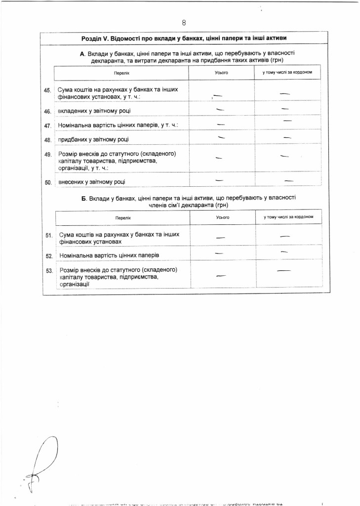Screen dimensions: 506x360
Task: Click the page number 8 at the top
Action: [184, 23]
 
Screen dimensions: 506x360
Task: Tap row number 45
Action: [48, 90]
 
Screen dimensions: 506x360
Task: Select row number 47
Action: [48, 126]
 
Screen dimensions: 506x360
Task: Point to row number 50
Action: [48, 182]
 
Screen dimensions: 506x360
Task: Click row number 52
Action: [49, 256]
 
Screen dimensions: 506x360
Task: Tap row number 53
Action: [49, 271]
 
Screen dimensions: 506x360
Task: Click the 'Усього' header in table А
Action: [221, 73]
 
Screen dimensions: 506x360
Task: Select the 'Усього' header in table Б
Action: [223, 217]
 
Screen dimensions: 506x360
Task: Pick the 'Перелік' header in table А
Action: [121, 73]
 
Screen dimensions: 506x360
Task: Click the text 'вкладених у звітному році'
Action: [94, 111]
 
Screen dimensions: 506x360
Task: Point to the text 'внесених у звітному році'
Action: [92, 182]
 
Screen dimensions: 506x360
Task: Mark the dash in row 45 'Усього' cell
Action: [218, 94]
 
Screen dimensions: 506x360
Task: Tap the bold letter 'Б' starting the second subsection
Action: [83, 198]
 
